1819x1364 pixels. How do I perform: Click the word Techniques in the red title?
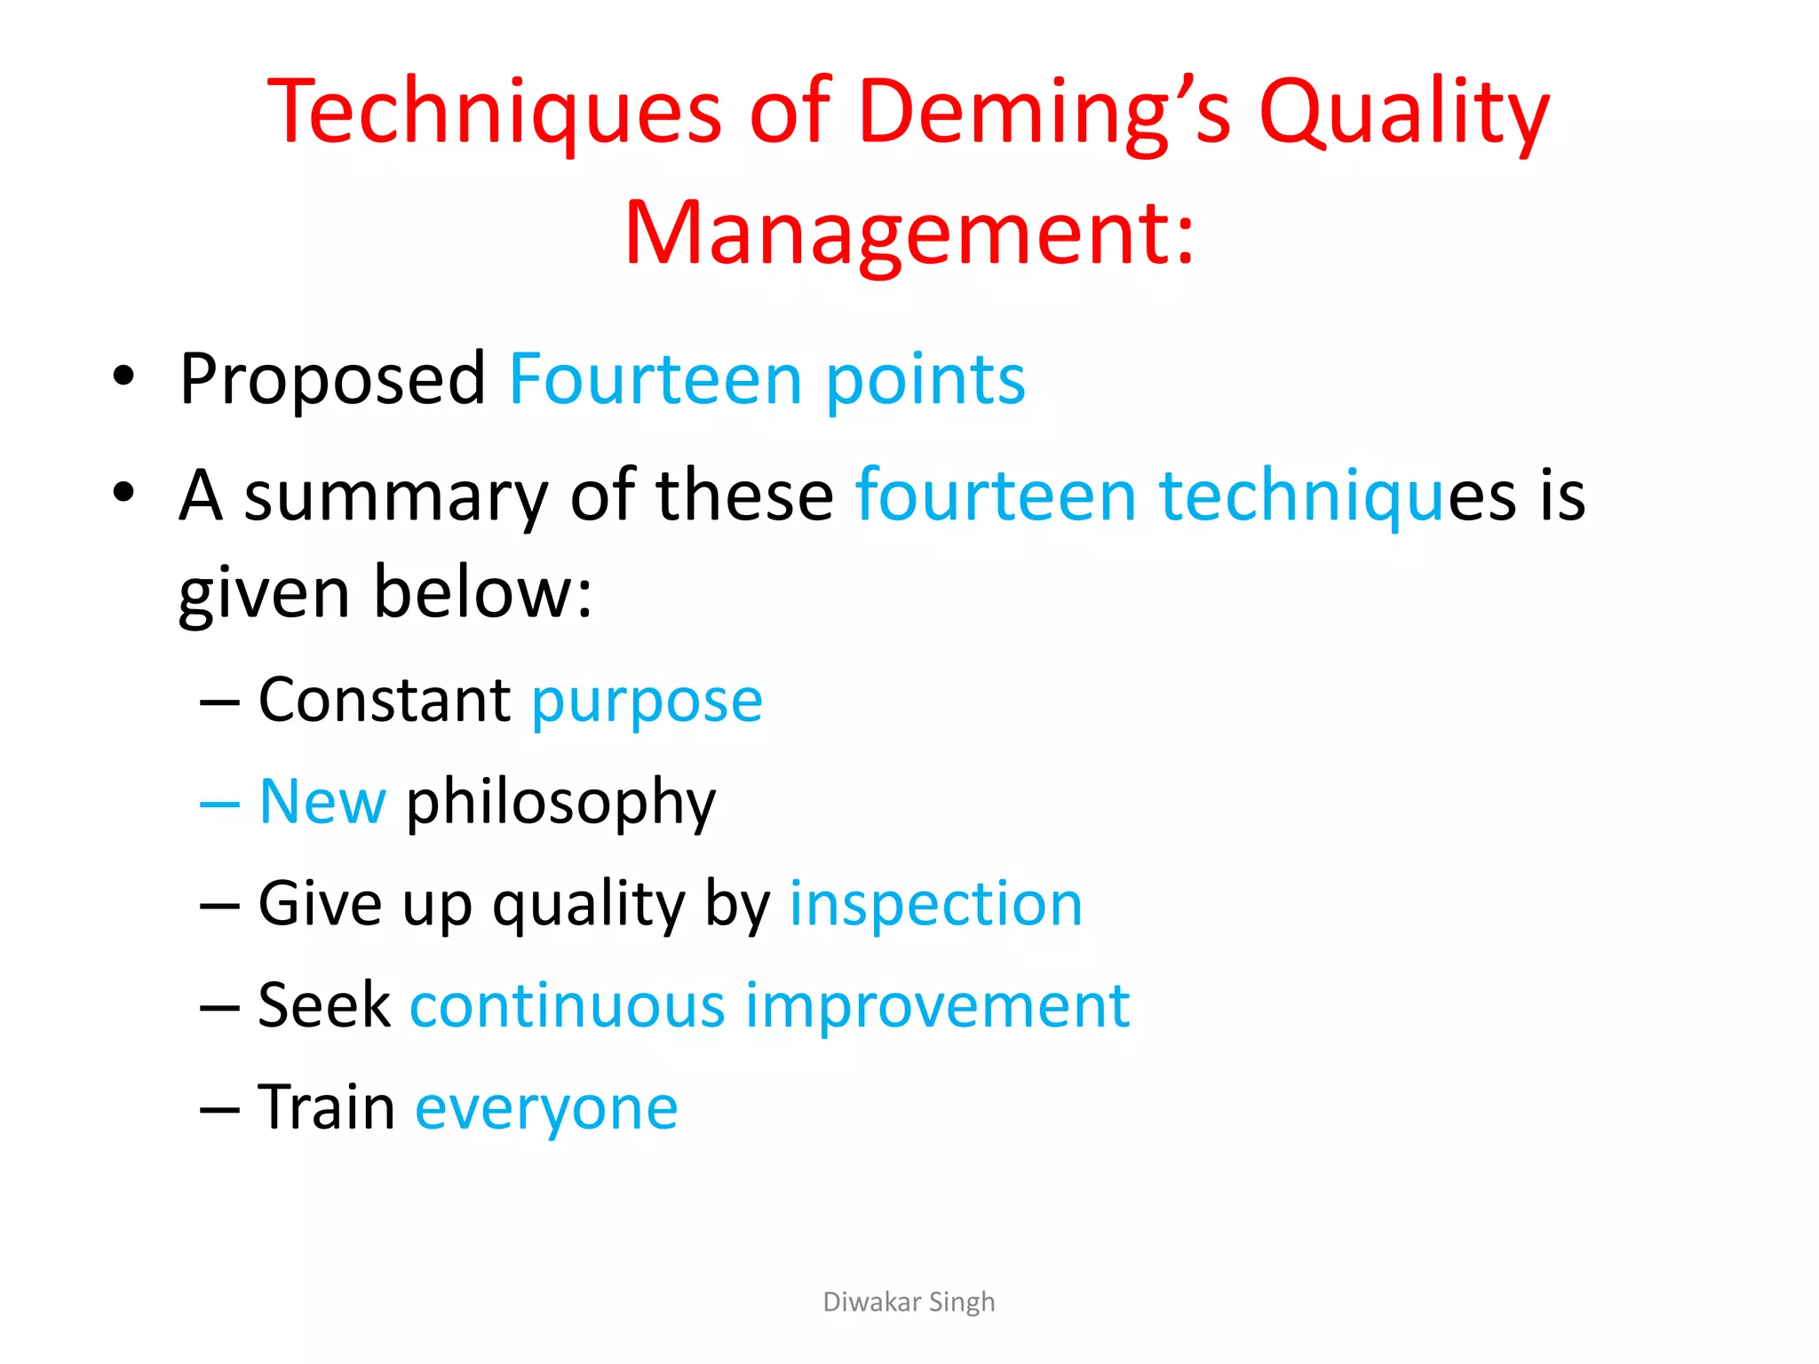point(494,112)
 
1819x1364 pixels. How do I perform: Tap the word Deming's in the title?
point(1045,112)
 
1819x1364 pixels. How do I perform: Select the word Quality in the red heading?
point(1404,112)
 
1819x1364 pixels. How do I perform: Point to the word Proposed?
point(332,380)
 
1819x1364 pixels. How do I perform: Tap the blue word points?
point(925,380)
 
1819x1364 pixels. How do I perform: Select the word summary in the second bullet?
point(396,496)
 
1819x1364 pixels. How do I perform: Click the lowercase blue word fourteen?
point(996,496)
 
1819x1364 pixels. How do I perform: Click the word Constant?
point(384,700)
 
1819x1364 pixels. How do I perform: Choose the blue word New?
point(322,802)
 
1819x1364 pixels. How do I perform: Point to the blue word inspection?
point(936,904)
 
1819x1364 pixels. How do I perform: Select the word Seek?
point(323,1005)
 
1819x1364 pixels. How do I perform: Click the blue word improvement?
point(937,1007)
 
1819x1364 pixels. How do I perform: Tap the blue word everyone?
point(546,1108)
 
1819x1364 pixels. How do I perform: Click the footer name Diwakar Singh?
point(909,1302)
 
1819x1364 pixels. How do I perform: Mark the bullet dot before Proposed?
point(123,377)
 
